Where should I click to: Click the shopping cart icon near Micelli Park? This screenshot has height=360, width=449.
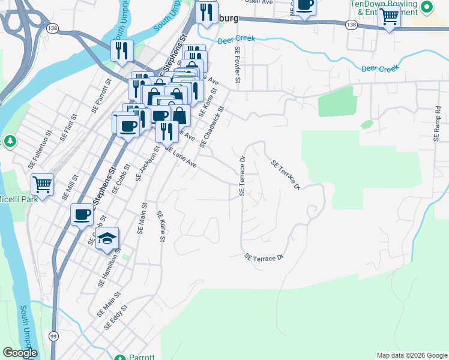coord(42,185)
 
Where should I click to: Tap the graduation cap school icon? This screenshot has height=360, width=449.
coord(107,238)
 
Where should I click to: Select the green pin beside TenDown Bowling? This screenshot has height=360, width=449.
coord(427,8)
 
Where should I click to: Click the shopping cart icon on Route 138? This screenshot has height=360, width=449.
coord(389,19)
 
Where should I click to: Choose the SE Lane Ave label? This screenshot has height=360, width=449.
coord(181,157)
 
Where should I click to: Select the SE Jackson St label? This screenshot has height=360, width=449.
coord(148,163)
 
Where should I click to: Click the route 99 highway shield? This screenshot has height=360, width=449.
coord(53,336)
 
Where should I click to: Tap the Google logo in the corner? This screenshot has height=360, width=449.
coord(20,353)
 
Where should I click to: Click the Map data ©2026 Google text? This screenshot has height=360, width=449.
coord(411,355)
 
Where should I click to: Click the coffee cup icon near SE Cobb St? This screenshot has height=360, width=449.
coord(82,214)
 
